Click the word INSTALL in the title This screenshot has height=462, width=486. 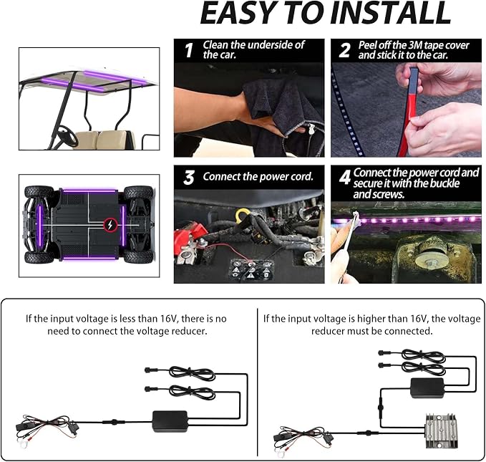(391, 13)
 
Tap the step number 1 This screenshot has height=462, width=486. (189, 50)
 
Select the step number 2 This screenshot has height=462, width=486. (345, 50)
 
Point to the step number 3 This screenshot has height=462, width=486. (188, 178)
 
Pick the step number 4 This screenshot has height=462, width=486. (345, 177)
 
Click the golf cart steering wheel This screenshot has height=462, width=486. (67, 136)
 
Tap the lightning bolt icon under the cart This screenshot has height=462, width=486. (110, 225)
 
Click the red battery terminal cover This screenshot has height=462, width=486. (190, 234)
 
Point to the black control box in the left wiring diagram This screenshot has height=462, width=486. (170, 421)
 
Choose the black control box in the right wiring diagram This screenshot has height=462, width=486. (427, 388)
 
